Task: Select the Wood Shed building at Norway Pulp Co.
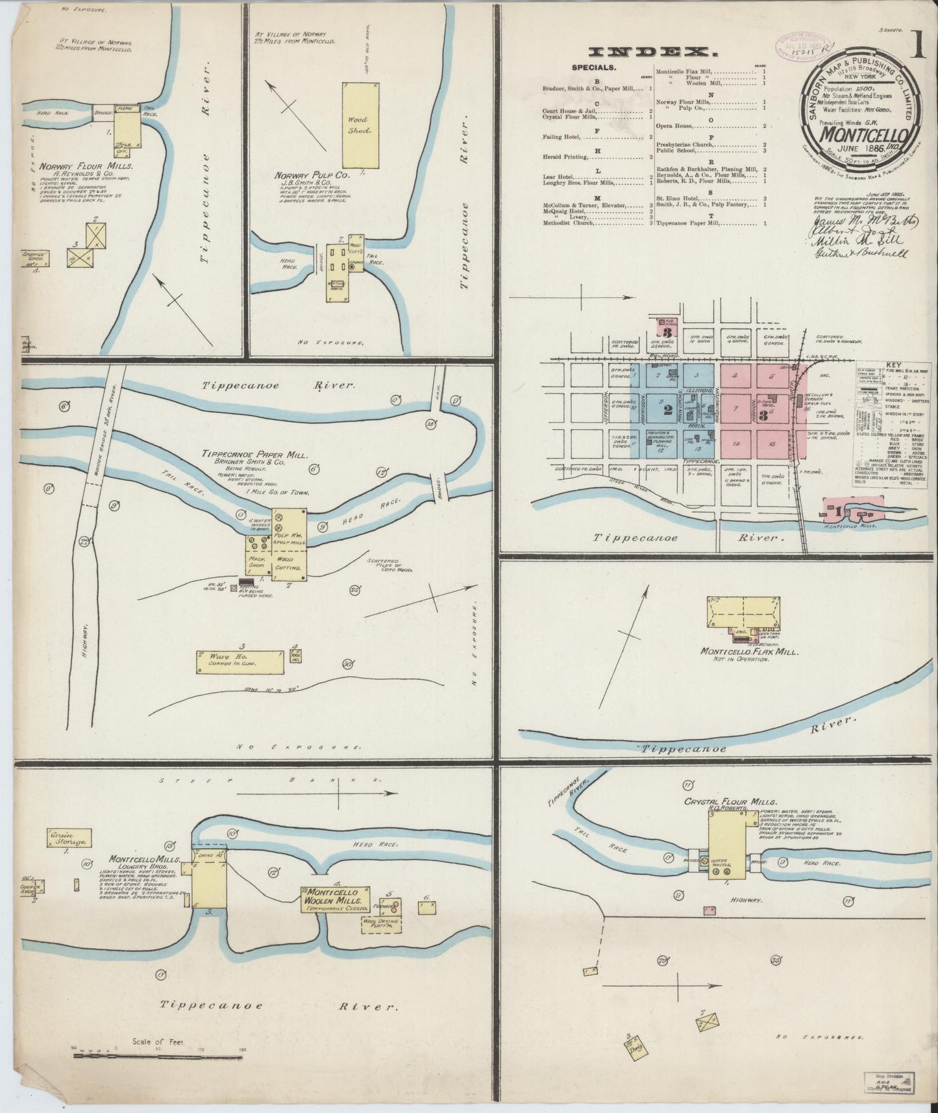(x=360, y=125)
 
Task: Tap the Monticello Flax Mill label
(x=748, y=651)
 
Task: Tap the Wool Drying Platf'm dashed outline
(x=381, y=924)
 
